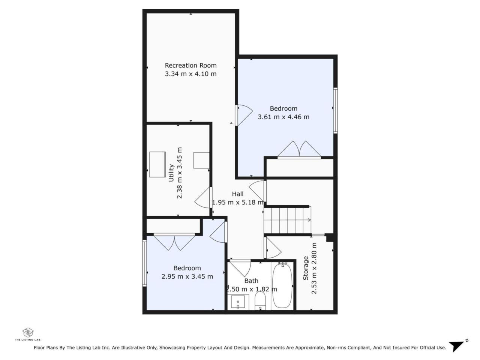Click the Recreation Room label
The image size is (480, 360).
point(190,65)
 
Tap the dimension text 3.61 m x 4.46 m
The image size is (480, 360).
point(283,117)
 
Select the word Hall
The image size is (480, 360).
point(237,194)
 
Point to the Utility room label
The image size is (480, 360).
point(171,172)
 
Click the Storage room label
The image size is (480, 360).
point(306,268)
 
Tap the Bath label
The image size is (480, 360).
point(251,280)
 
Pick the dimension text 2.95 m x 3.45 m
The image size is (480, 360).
point(187,276)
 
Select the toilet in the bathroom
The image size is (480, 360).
point(260,300)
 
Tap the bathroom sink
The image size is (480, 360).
point(238,302)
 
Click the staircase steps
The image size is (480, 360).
point(287,220)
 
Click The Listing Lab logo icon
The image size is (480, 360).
point(28,333)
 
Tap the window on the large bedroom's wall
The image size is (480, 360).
point(335,110)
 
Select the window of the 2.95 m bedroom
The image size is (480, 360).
point(144,263)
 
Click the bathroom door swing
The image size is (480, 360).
point(240,268)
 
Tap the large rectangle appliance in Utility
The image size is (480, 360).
point(157,165)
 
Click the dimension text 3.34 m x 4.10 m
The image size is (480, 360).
point(190,74)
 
